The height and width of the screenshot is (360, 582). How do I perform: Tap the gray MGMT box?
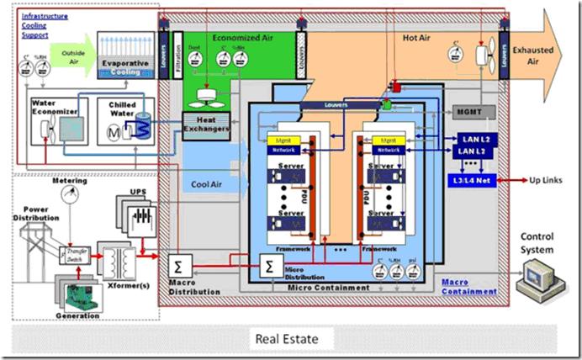tap(473, 111)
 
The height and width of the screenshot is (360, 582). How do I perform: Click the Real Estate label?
tap(290, 339)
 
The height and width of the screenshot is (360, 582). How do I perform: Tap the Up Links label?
tap(546, 181)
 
